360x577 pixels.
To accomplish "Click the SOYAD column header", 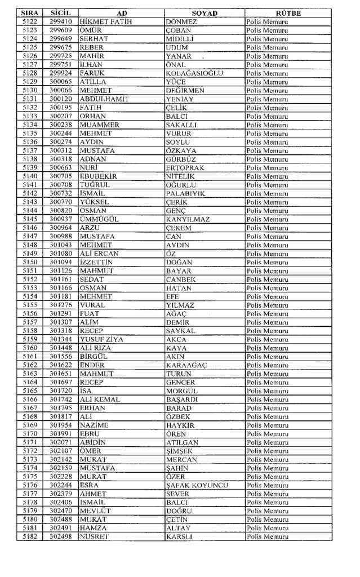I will [204, 13].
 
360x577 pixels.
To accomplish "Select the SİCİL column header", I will [60, 13].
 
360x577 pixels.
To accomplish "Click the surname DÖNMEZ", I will [181, 21].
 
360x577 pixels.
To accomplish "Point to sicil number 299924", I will [60, 73].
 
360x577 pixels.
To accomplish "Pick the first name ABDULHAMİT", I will [104, 99].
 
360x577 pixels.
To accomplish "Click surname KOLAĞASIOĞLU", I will [195, 73].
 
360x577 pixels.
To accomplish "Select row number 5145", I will [30, 219].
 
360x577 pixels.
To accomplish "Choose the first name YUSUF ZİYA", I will [102, 340].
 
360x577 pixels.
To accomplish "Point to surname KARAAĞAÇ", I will [186, 365].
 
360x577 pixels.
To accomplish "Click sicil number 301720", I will [60, 391].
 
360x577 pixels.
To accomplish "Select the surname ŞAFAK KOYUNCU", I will [197, 486].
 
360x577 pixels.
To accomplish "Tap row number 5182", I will [30, 537].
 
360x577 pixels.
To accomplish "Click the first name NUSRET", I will [95, 537].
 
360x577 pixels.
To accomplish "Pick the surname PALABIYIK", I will [185, 193].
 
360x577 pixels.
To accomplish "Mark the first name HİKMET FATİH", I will [105, 21].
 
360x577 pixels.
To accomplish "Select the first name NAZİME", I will [94, 425].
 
